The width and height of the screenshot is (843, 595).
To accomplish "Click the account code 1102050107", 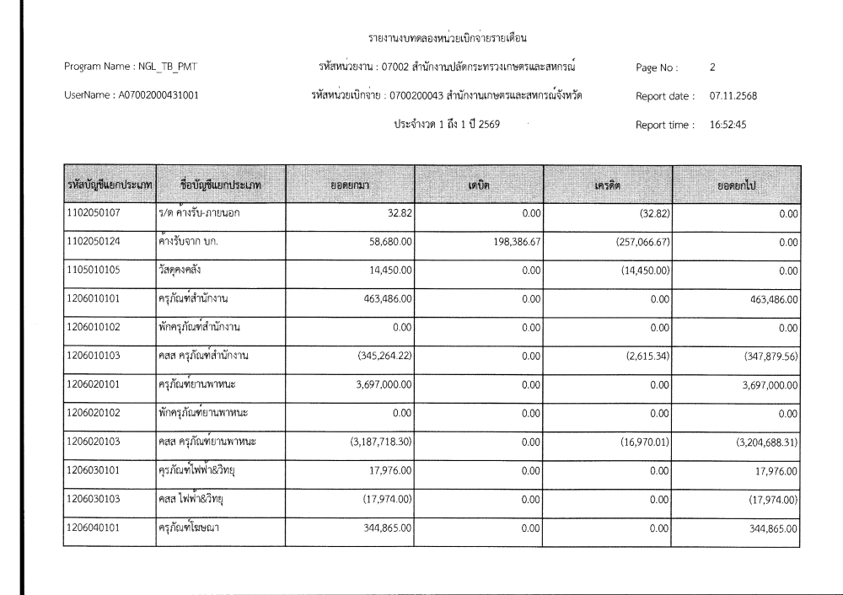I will pos(93,212).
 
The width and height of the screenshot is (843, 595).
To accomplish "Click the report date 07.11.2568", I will pos(733,96).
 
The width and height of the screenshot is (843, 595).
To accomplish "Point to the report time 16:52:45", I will pos(728,125).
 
